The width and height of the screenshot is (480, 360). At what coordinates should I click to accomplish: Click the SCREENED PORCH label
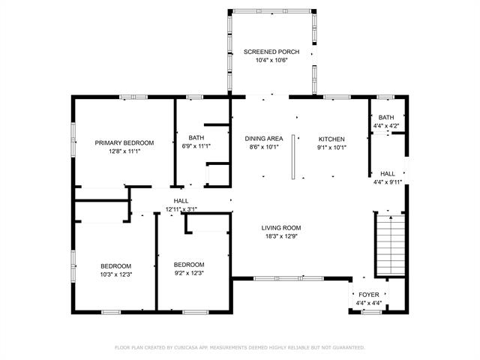coord(271,52)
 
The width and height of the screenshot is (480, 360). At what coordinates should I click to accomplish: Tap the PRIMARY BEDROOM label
coord(124,142)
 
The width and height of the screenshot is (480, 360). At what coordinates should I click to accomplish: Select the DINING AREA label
coord(264,139)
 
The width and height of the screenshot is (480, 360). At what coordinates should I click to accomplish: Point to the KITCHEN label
coord(331,139)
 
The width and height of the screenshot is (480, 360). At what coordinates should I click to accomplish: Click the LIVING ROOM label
coord(281,228)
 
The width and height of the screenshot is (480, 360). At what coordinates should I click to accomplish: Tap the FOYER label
coord(369,295)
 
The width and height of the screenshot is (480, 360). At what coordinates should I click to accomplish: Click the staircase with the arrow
coord(391,245)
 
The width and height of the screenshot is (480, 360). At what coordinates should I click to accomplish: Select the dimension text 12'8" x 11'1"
coord(124,151)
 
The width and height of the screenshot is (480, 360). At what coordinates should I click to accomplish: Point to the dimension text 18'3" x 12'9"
coord(281,236)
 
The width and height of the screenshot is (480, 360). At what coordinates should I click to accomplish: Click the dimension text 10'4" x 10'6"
coord(271,60)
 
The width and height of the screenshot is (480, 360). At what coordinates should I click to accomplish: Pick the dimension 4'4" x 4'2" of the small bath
coord(386,125)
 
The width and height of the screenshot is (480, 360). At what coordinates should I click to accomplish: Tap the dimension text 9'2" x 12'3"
coord(189,273)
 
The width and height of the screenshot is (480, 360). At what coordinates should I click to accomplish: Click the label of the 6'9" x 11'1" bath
coord(196,138)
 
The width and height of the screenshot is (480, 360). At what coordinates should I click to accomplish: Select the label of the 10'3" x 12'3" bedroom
coord(116,266)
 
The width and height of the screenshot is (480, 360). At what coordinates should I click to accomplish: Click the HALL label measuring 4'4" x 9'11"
coord(388,173)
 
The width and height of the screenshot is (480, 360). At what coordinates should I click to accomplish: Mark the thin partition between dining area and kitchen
coord(293,157)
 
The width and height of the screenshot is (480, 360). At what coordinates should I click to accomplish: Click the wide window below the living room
coord(289,278)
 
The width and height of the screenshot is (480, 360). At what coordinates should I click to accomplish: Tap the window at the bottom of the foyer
coord(372,312)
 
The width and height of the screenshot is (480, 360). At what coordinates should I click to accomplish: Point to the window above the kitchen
coord(337,97)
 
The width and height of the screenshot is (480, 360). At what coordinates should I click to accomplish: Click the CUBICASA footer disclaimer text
coord(240,347)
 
